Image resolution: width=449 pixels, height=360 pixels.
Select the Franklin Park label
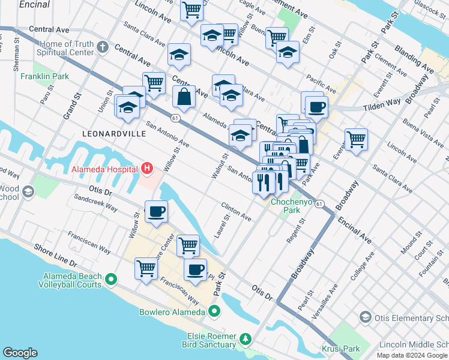[44, 76]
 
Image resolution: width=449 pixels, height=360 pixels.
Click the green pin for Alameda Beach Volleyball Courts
[110, 279]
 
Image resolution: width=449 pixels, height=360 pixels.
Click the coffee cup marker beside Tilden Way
[316, 107]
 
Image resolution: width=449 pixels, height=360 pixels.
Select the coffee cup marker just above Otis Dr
[156, 211]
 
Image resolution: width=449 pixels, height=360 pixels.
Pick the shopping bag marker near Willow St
[183, 97]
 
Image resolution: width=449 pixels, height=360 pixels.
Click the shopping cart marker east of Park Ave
[356, 139]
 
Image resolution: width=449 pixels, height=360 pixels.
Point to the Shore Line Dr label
[56, 255]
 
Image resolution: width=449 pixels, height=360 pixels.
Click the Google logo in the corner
[20, 353]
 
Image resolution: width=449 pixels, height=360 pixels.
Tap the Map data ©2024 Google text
[412, 355]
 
